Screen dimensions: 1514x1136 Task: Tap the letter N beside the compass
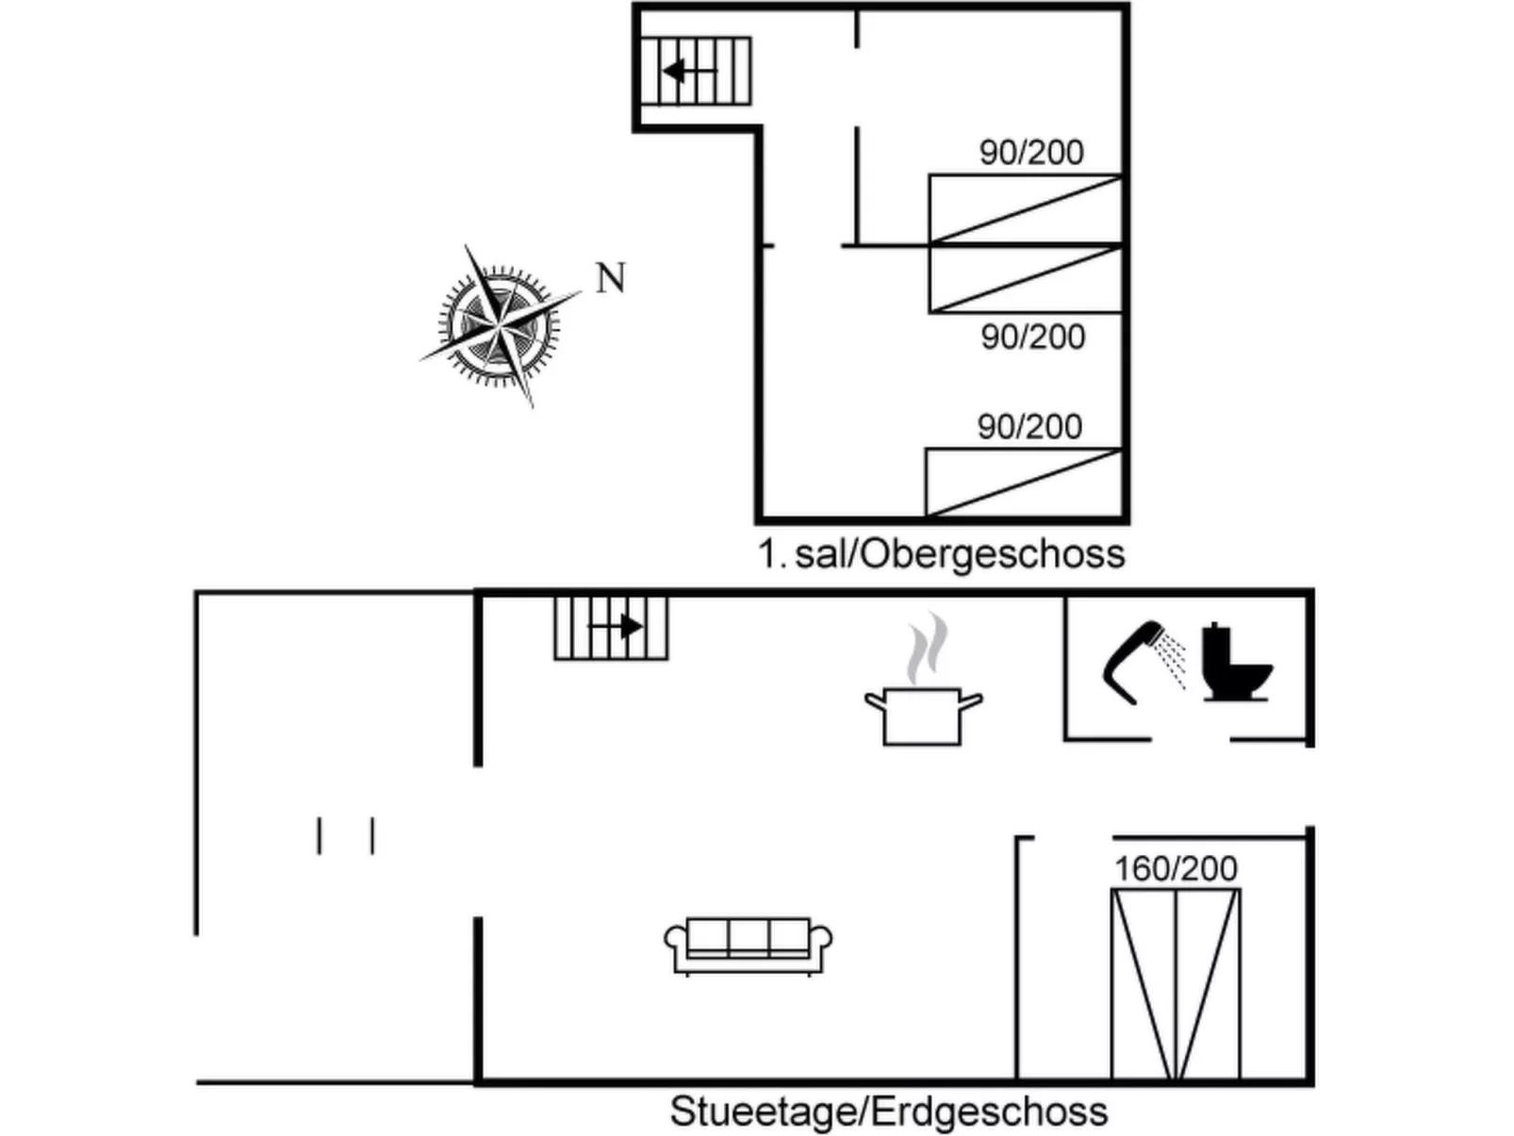click(x=611, y=278)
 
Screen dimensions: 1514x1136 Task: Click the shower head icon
click(x=1143, y=662)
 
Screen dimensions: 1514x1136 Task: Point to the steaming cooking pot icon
click(x=924, y=681)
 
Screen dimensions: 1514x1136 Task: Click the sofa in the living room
click(x=749, y=946)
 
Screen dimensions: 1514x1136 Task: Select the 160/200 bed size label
click(x=1176, y=868)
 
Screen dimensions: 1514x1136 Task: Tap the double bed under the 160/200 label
click(x=1176, y=984)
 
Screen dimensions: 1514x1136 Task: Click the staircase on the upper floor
click(x=696, y=71)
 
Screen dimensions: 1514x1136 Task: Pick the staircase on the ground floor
click(x=611, y=627)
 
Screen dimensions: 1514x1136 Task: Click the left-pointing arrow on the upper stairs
click(x=689, y=71)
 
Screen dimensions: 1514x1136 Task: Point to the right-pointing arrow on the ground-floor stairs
click(x=616, y=626)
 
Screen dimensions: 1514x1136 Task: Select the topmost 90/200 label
click(x=1031, y=152)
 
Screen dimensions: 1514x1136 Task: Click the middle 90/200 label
click(x=1033, y=337)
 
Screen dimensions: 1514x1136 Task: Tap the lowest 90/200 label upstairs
click(x=1029, y=426)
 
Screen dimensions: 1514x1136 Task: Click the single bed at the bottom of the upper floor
click(x=1024, y=483)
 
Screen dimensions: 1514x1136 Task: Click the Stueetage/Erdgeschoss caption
click(x=889, y=1111)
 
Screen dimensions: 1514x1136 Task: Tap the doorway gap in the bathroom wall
click(x=1192, y=740)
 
